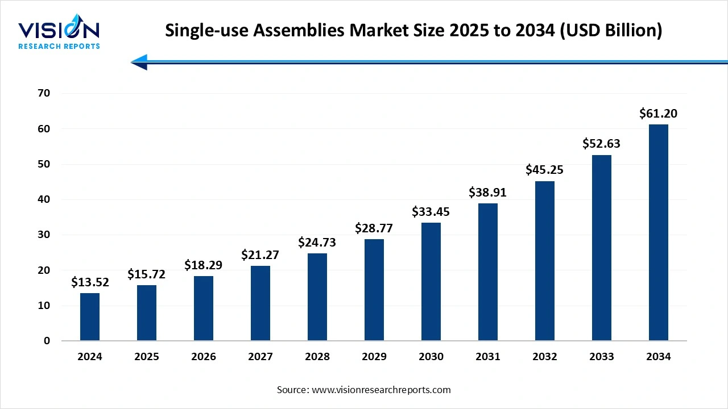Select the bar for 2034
[x=659, y=233]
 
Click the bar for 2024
[x=90, y=317]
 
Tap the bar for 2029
[x=374, y=290]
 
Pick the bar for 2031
[x=488, y=272]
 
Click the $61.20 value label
[x=658, y=114]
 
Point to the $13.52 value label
[x=90, y=282]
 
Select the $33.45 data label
[x=431, y=212]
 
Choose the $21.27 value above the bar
[x=260, y=255]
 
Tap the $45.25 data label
[x=544, y=170]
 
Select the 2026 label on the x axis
[x=204, y=357]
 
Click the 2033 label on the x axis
[x=602, y=357]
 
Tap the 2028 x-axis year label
[x=317, y=357]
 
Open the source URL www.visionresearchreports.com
[x=380, y=390]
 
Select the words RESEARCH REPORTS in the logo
[x=59, y=46]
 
